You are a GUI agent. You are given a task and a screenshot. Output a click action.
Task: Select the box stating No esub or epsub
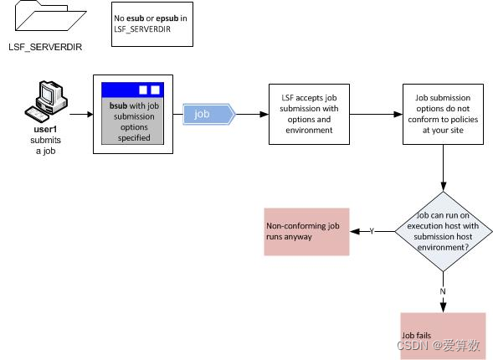pos(151,23)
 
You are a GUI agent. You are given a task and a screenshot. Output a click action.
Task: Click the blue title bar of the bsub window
pos(131,89)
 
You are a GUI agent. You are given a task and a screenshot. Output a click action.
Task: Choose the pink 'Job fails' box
pos(443,335)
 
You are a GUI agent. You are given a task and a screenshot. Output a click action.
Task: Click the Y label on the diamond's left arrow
pos(371,231)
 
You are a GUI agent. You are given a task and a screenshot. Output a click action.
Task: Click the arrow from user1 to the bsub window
pos(81,114)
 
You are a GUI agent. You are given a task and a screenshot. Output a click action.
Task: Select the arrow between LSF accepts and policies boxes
pos(373,114)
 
